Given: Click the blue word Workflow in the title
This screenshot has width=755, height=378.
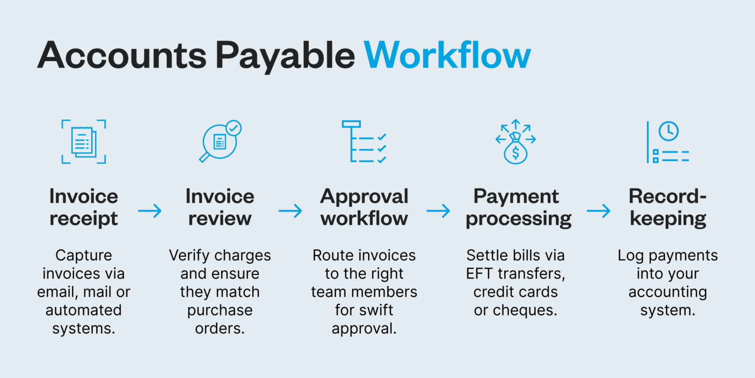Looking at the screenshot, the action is [x=447, y=56].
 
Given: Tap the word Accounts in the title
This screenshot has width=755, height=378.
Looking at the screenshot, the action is [x=122, y=56].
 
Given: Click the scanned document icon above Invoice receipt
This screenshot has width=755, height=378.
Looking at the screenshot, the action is [x=84, y=142].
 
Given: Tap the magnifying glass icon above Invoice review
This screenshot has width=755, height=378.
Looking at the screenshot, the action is [x=220, y=142].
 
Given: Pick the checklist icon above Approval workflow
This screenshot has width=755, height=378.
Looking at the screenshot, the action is [x=364, y=142].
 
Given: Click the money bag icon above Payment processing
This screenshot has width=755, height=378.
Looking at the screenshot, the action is [x=515, y=148].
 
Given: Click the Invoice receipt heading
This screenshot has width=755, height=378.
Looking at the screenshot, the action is [x=84, y=207].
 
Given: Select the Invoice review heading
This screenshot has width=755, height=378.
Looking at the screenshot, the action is [x=220, y=207].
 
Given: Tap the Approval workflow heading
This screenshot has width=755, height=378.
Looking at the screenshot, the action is [x=364, y=207].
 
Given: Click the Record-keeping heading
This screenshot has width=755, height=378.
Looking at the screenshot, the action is [x=668, y=207].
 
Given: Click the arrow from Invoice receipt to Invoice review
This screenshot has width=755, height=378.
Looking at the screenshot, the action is [x=150, y=211].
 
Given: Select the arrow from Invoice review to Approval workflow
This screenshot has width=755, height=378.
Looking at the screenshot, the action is [x=290, y=211].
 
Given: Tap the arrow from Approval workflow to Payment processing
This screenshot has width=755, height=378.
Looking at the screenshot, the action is [x=438, y=211].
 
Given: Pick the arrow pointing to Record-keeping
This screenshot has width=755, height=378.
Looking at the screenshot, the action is [x=598, y=211].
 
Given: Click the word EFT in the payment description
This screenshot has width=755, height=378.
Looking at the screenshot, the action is [x=481, y=274].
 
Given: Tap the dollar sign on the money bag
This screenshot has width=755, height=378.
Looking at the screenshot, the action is [x=515, y=153].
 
